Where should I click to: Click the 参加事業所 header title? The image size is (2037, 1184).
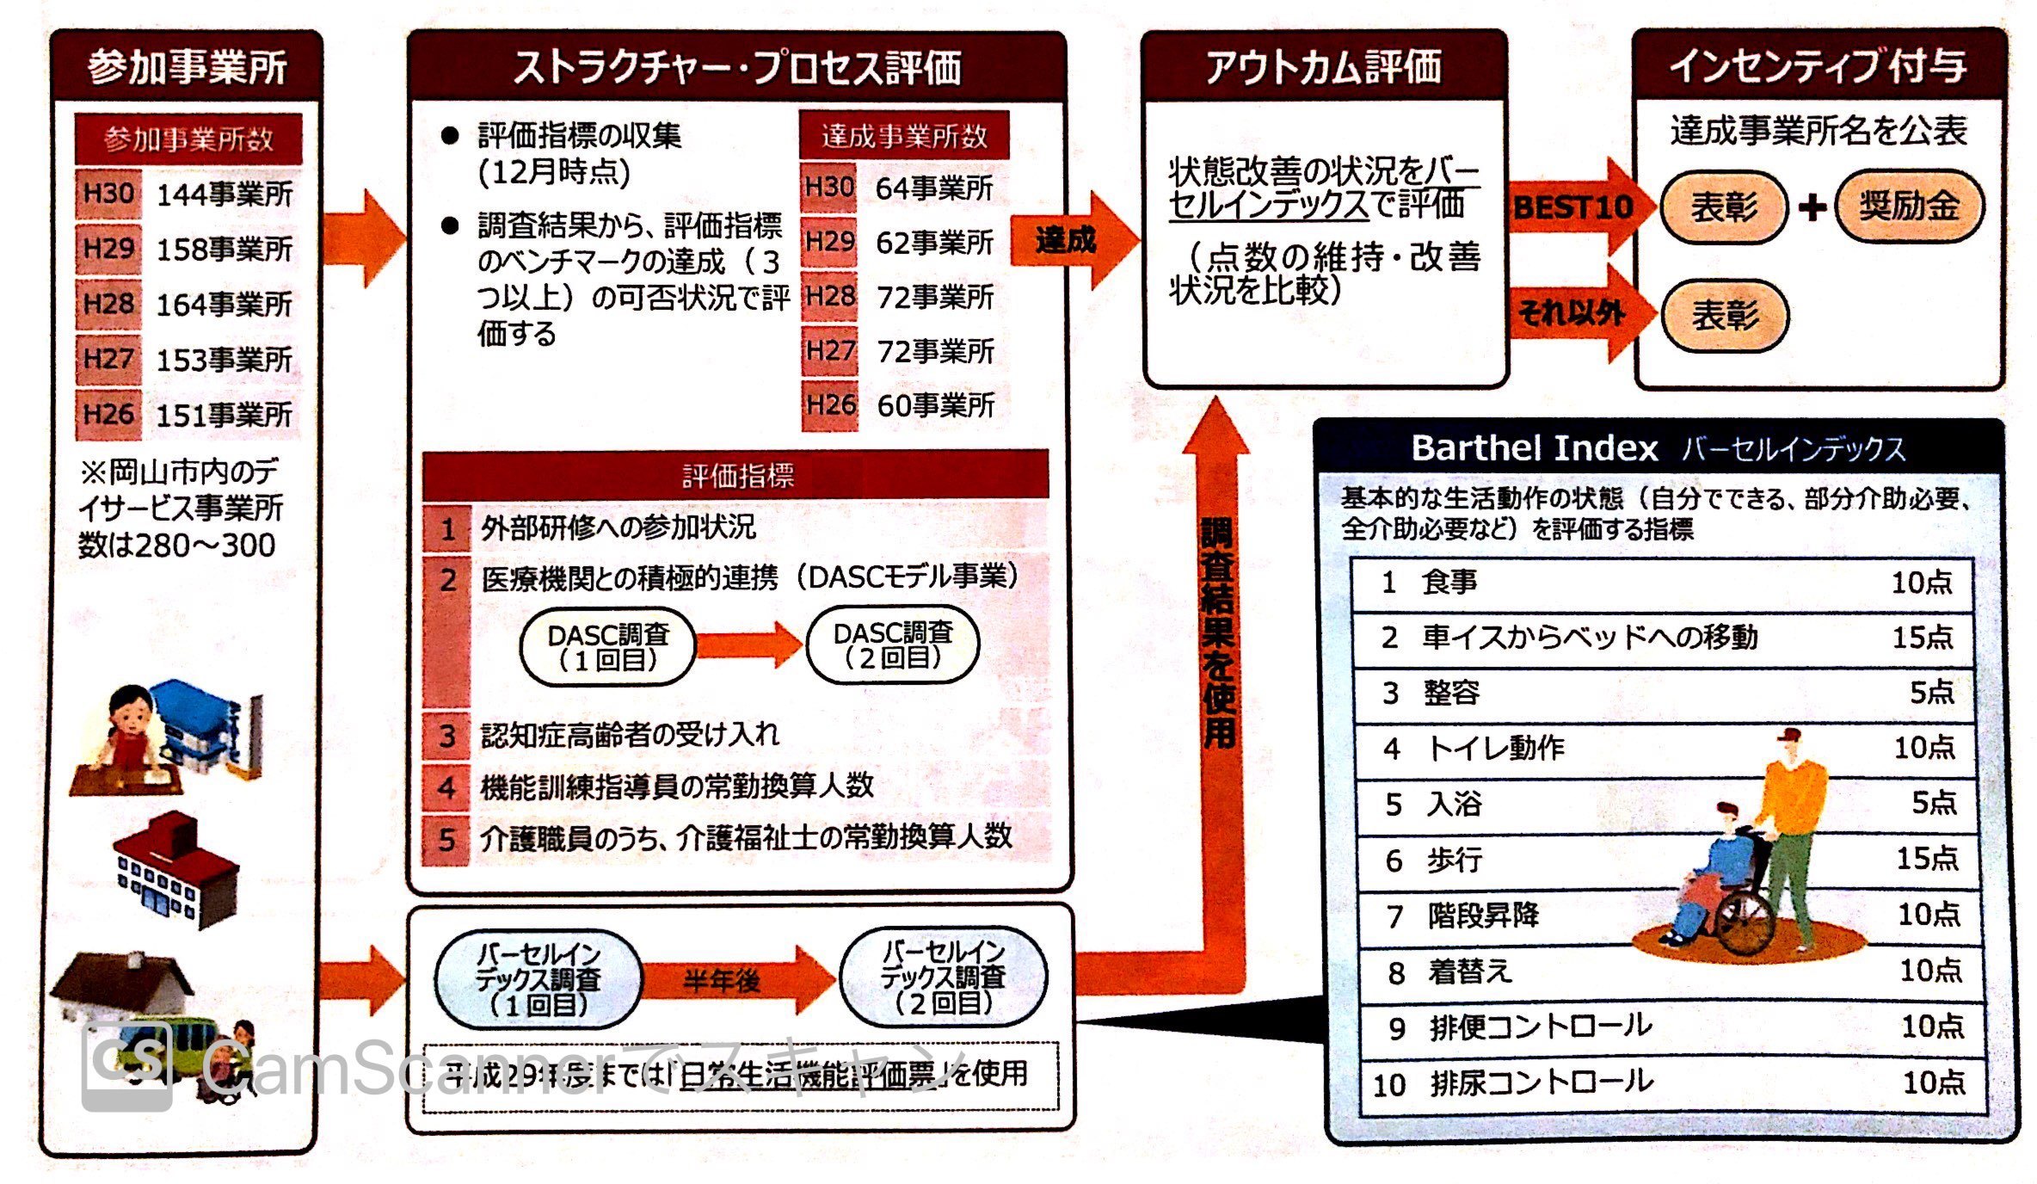(x=187, y=68)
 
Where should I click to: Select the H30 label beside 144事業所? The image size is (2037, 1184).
(x=108, y=194)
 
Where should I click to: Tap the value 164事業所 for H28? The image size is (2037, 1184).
(x=225, y=304)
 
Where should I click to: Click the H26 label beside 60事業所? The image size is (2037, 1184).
(x=830, y=404)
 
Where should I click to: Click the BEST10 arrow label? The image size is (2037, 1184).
(x=1573, y=207)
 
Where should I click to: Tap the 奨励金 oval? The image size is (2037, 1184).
(x=1909, y=207)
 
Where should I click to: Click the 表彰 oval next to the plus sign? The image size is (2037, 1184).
(x=1724, y=207)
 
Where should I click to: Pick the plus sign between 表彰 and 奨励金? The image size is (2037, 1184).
(x=1812, y=207)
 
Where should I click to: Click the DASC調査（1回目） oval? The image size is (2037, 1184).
(x=607, y=647)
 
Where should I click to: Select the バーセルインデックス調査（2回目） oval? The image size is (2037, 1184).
(x=943, y=977)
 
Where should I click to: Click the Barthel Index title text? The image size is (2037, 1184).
(x=1535, y=448)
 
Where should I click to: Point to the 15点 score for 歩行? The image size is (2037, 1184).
(x=1927, y=858)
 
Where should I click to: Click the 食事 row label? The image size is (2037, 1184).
(x=1449, y=583)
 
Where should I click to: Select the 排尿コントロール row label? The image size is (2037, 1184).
(x=1541, y=1082)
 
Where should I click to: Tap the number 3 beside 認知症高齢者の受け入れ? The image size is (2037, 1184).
(x=446, y=736)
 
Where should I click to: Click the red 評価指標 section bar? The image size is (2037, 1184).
(x=736, y=475)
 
